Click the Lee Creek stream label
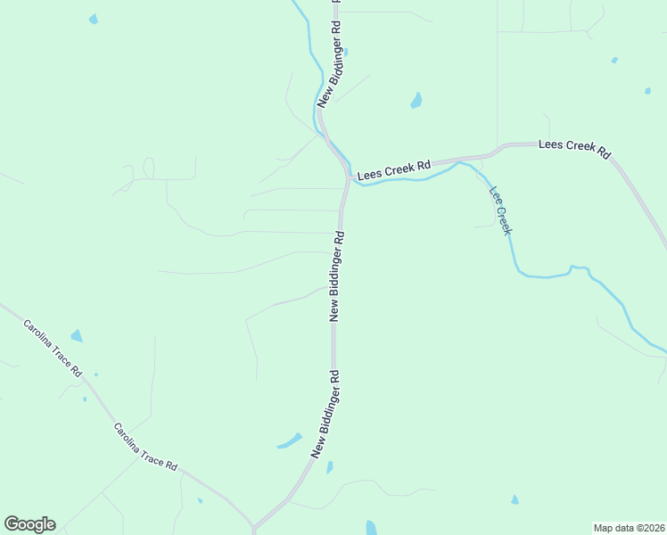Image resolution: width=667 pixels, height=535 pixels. (500, 210)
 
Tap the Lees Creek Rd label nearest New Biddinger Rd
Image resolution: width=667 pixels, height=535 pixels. (393, 170)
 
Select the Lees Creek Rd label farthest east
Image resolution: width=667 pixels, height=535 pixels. (573, 149)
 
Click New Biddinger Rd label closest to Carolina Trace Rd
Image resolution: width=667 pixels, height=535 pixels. (325, 415)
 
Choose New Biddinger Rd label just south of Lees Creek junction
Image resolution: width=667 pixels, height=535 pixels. (337, 276)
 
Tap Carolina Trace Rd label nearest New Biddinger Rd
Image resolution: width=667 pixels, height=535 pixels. (145, 448)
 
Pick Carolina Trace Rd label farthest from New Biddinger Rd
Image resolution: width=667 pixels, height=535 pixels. (53, 349)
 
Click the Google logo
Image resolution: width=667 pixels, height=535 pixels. (29, 524)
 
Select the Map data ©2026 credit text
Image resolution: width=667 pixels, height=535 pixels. (629, 527)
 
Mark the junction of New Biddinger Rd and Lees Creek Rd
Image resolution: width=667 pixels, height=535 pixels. (346, 178)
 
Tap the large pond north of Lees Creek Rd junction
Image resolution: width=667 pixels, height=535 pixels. (416, 101)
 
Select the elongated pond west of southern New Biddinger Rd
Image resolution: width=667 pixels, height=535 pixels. (289, 440)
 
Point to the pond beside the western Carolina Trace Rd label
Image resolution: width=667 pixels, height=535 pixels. (77, 336)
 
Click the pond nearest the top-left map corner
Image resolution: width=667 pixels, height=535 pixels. (94, 19)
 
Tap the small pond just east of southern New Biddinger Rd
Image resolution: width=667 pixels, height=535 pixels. (330, 467)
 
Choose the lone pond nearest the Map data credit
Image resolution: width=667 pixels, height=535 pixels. (515, 499)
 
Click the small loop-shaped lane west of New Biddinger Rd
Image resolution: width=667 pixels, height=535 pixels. (148, 169)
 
